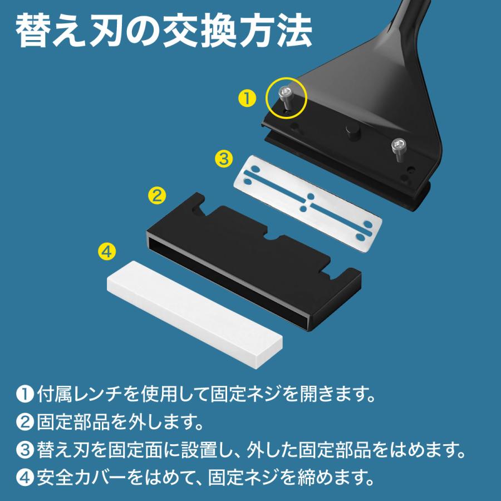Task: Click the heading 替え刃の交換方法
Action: (163, 33)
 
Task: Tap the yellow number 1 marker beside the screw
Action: (247, 99)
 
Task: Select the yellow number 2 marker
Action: (156, 195)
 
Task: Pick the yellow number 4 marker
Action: (106, 250)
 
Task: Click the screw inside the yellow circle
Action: (286, 96)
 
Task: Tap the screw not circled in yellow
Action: (399, 148)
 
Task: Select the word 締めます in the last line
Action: (325, 477)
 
